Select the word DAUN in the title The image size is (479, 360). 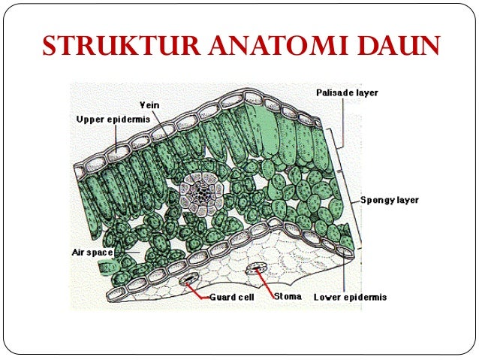[390, 47]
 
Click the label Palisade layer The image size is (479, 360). [347, 92]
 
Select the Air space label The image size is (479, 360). [92, 253]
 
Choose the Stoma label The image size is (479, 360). [288, 296]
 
